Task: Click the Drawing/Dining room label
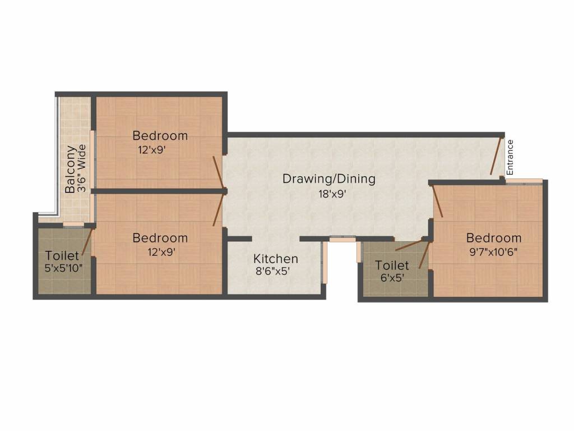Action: (x=328, y=179)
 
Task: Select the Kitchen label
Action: (x=275, y=259)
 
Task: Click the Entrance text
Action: (x=510, y=157)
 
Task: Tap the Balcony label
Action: (x=70, y=169)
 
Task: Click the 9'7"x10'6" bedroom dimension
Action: (x=493, y=251)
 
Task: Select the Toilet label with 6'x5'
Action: (x=392, y=265)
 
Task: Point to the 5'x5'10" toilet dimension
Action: (x=63, y=268)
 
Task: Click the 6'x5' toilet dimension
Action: (x=392, y=277)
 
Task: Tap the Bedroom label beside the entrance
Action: (x=493, y=238)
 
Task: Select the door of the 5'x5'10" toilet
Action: (x=86, y=242)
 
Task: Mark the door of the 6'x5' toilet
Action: (x=410, y=245)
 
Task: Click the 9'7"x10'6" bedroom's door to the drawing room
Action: (x=437, y=200)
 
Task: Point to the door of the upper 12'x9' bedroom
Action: (x=219, y=172)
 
